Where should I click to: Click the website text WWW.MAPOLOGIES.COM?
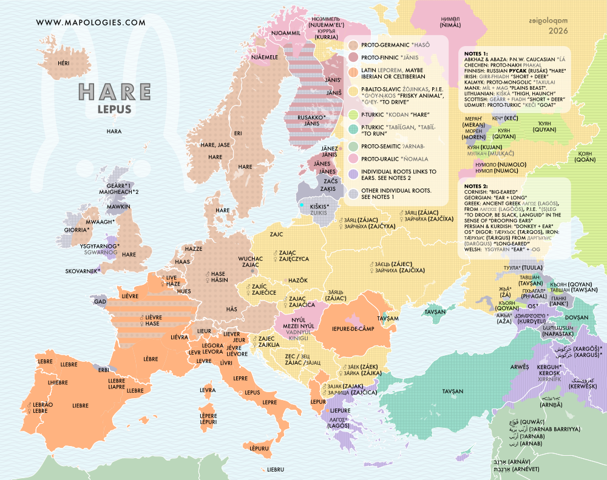coord(91,23)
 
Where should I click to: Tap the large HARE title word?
coord(115,92)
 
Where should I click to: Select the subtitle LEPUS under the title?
coord(115,110)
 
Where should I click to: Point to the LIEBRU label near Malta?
coord(275,469)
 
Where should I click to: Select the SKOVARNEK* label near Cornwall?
coord(82,272)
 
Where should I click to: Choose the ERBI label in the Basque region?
coord(104,370)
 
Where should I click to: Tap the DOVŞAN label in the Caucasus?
coord(576,317)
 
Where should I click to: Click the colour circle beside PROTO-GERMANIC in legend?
coord(353,45)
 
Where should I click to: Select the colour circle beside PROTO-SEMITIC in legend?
coord(353,145)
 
